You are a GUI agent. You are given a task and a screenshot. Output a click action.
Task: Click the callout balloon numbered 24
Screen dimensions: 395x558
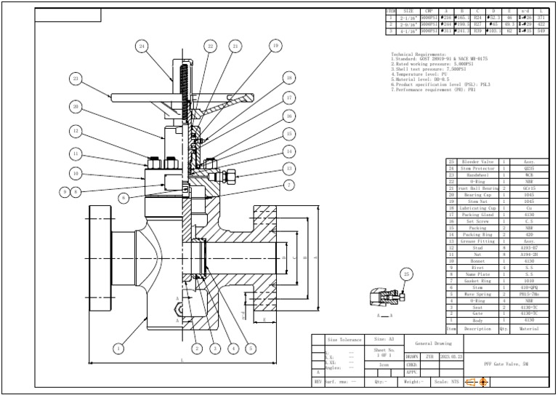pyautogui.click(x=142, y=46)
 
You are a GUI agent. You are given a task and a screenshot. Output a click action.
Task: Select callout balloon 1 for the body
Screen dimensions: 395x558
pyautogui.click(x=118, y=348)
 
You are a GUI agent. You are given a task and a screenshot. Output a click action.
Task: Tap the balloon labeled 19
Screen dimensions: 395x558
pyautogui.click(x=275, y=46)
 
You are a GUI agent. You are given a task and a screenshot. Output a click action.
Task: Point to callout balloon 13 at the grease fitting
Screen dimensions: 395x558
pyautogui.click(x=289, y=168)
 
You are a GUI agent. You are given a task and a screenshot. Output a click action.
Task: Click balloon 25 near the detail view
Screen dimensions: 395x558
pyautogui.click(x=405, y=274)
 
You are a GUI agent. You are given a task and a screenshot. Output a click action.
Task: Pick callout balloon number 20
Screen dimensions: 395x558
pyautogui.click(x=75, y=107)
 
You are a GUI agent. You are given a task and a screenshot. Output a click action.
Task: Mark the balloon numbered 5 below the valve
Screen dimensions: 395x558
pyautogui.click(x=251, y=348)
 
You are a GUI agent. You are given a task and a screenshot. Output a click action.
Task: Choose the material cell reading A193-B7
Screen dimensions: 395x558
pyautogui.click(x=529, y=247)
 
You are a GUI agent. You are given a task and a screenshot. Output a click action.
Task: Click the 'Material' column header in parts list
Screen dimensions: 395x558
pyautogui.click(x=529, y=329)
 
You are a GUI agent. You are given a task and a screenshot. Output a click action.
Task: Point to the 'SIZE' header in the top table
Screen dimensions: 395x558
pyautogui.click(x=409, y=12)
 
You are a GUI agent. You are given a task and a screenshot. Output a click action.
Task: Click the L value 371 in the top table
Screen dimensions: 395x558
pyautogui.click(x=541, y=18)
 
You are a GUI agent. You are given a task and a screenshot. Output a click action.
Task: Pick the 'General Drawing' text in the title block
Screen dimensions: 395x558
pyautogui.click(x=433, y=343)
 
